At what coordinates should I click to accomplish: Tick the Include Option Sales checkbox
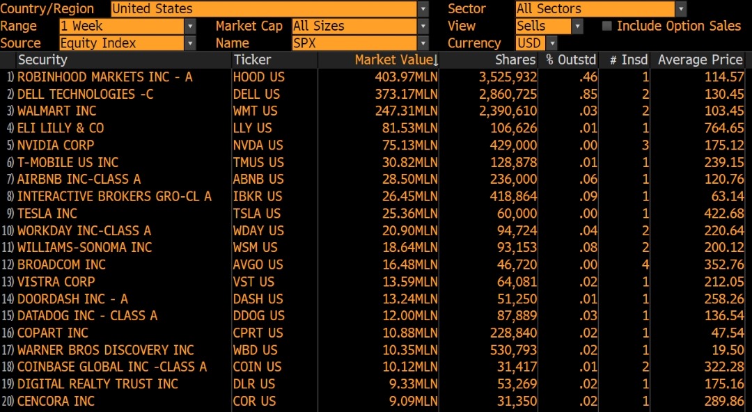click(607, 26)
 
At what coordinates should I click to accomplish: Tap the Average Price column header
click(700, 60)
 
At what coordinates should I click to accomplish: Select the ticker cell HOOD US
click(258, 77)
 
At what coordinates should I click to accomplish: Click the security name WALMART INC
click(57, 111)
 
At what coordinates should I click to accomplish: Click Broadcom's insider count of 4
click(645, 264)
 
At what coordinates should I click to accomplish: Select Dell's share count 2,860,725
click(508, 94)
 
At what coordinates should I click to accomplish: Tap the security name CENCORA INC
click(56, 401)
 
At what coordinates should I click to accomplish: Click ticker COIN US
click(257, 367)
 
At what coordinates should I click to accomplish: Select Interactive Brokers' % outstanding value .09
click(588, 196)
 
